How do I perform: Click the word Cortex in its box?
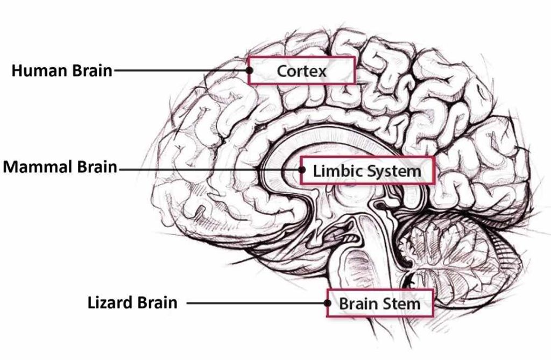301,71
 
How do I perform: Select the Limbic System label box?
368,170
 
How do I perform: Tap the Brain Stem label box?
380,303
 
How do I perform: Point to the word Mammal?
38,167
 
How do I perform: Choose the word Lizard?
110,303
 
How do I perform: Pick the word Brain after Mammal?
97,167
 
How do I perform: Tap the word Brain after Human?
93,70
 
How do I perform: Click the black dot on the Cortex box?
250,70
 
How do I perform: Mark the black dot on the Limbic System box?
302,170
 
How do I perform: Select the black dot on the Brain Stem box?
328,303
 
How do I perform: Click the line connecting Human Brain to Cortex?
181,70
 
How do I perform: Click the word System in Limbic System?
393,171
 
